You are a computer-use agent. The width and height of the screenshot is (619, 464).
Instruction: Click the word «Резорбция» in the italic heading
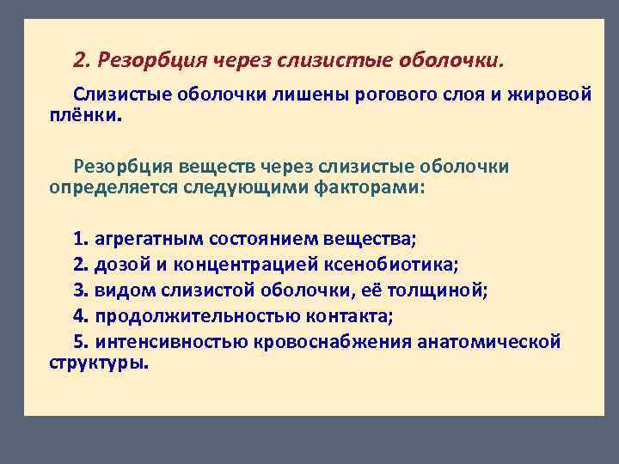pyautogui.click(x=151, y=60)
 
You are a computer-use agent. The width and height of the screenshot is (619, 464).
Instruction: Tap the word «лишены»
pyautogui.click(x=309, y=95)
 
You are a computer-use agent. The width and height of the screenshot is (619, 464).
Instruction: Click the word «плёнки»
pyautogui.click(x=84, y=114)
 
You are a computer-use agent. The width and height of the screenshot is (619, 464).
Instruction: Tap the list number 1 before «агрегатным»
pyautogui.click(x=80, y=238)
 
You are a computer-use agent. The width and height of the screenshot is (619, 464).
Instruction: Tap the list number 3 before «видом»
pyautogui.click(x=80, y=290)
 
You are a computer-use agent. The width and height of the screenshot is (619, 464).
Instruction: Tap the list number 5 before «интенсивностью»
pyautogui.click(x=80, y=342)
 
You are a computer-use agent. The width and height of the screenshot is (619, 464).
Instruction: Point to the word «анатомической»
pyautogui.click(x=489, y=342)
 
